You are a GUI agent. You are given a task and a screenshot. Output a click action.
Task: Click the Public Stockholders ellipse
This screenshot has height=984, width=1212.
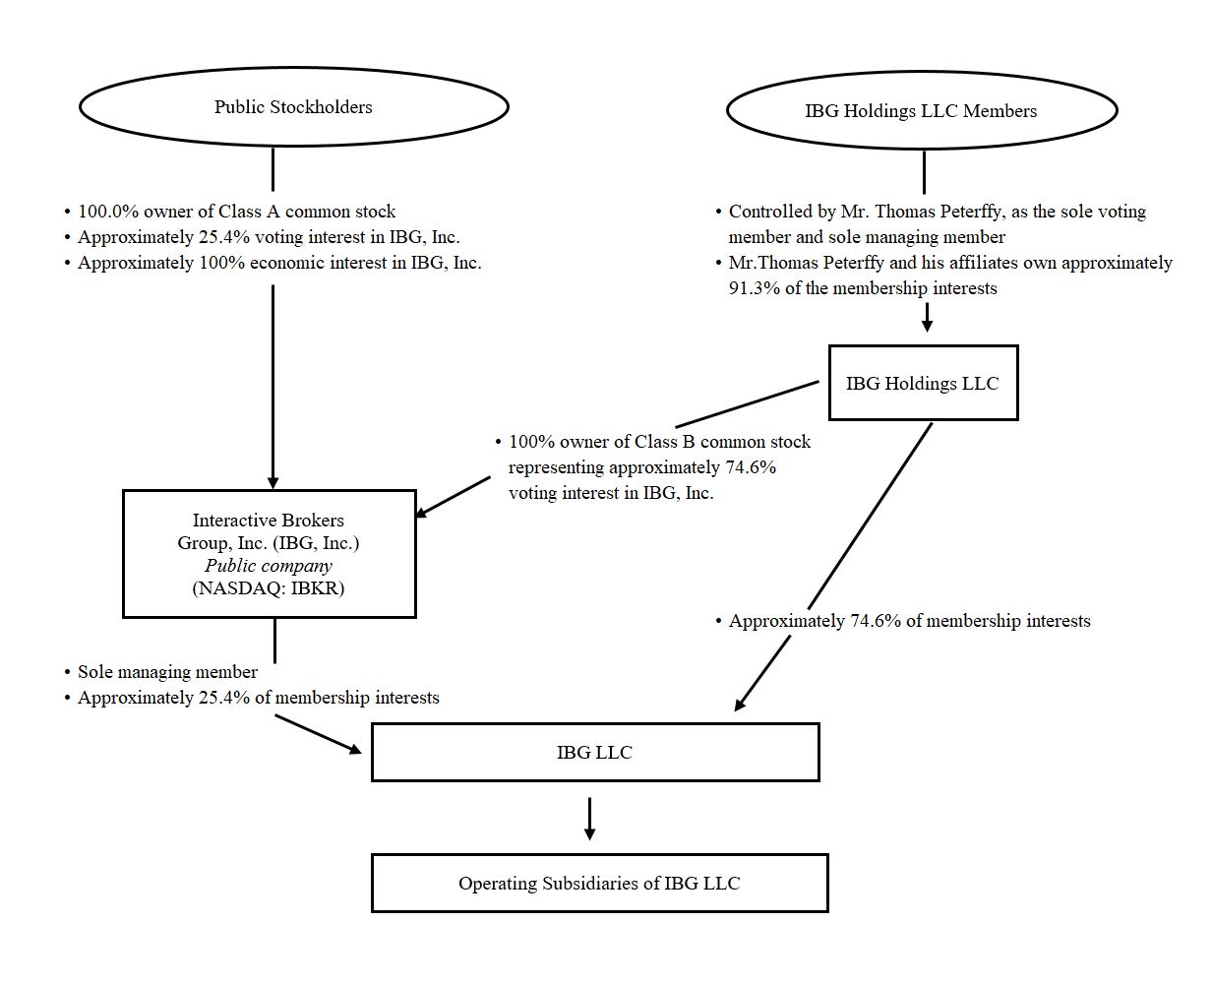(293, 107)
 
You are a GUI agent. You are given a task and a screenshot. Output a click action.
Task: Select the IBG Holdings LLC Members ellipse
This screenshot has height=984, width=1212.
(921, 111)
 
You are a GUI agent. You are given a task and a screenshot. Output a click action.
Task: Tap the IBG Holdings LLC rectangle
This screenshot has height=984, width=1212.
(922, 384)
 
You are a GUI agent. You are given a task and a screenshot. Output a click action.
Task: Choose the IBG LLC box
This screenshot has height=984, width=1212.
(594, 753)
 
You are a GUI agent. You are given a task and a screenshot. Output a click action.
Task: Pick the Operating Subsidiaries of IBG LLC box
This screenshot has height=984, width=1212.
(599, 883)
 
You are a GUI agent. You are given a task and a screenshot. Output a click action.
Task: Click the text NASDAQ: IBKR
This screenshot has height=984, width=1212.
(269, 588)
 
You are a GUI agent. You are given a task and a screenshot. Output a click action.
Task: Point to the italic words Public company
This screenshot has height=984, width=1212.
(269, 566)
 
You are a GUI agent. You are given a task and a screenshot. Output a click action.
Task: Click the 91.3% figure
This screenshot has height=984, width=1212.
(753, 288)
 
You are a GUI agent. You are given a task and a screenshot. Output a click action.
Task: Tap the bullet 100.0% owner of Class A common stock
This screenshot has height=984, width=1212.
(236, 212)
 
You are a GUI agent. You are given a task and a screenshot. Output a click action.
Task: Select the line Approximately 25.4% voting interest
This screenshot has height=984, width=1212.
(269, 237)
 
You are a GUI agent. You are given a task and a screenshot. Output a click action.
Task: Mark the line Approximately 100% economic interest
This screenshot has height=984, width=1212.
(279, 263)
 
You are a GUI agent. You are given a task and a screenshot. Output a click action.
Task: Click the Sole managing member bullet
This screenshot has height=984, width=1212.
(167, 672)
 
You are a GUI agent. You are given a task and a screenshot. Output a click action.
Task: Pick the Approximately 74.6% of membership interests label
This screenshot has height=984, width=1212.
(909, 621)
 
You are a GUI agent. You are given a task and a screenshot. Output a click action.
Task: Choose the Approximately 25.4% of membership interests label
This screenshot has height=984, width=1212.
(258, 698)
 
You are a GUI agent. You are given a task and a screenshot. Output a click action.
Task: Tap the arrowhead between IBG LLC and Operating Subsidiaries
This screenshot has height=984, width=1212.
(589, 832)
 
